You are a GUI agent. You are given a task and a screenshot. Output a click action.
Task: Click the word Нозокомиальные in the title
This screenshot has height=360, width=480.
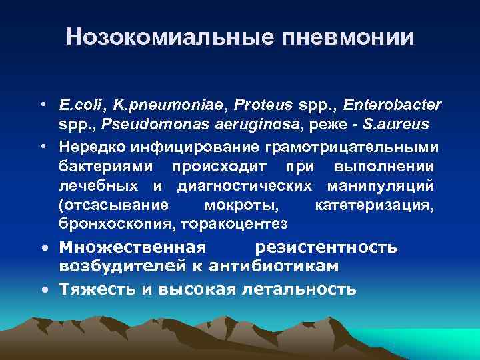155,37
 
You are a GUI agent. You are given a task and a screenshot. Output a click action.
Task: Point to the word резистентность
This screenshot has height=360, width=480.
326,248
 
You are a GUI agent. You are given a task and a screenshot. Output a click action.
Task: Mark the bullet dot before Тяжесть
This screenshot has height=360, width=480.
43,290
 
